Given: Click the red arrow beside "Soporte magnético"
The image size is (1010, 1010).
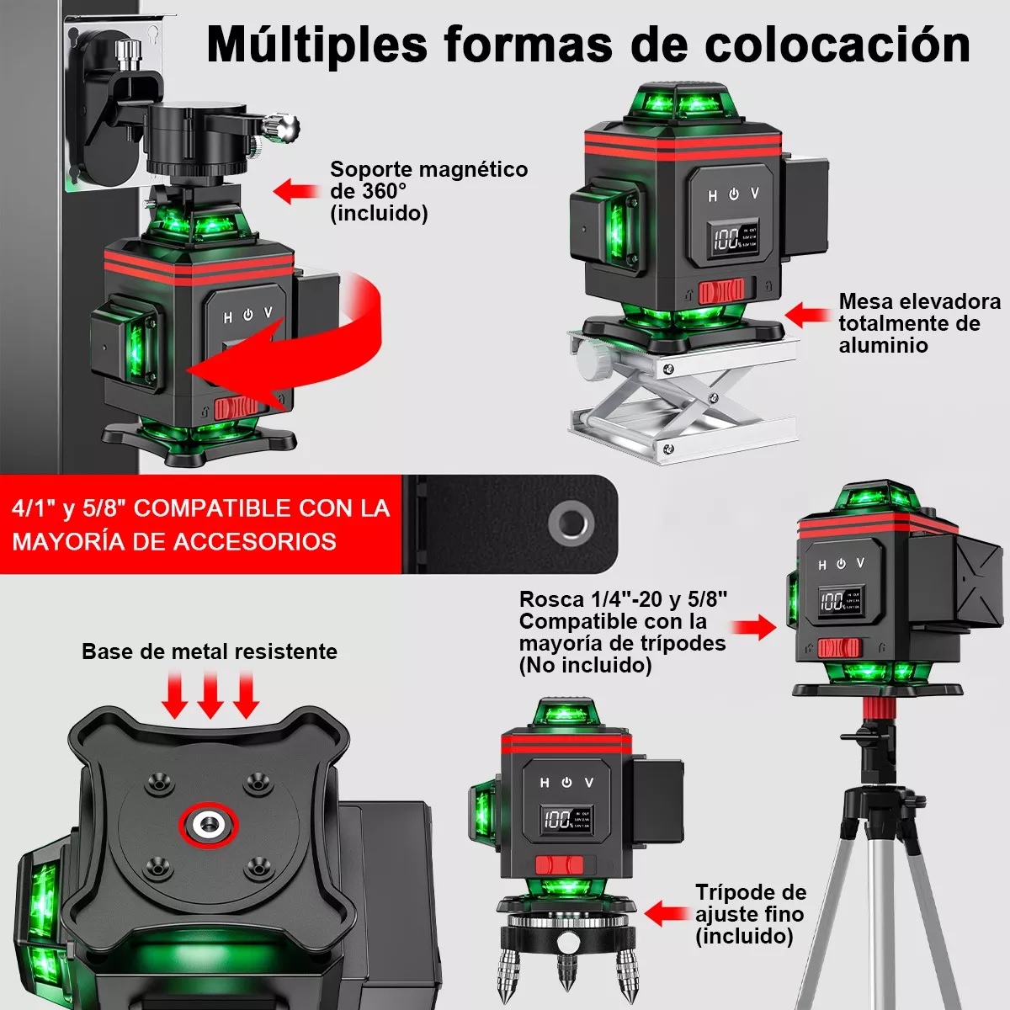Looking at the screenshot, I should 296,190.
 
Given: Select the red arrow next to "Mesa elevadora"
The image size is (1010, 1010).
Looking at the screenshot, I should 808,315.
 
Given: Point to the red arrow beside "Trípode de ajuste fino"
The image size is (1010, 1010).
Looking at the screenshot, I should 667,913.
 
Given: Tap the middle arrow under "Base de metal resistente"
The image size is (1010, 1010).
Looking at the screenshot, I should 210,694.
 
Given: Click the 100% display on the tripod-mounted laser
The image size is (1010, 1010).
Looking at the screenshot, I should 832,600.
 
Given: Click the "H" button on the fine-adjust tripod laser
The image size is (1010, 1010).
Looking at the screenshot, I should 545,783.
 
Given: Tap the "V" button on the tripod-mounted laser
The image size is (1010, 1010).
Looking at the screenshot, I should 860,562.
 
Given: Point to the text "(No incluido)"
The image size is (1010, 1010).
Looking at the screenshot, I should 585,665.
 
